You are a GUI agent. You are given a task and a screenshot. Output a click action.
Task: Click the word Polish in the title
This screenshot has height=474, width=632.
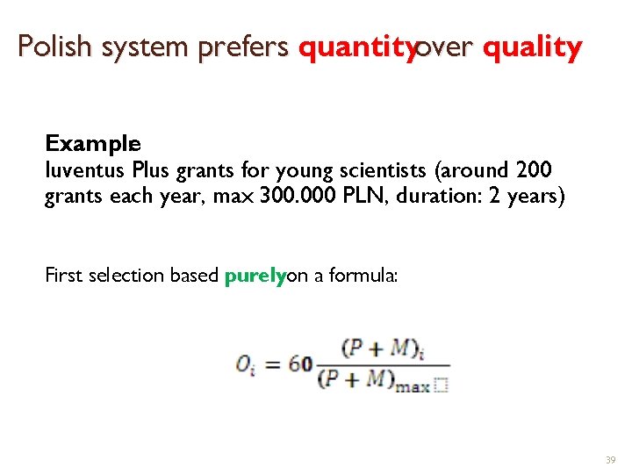pos(55,47)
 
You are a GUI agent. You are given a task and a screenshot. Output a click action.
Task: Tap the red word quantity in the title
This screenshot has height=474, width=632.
pos(355,47)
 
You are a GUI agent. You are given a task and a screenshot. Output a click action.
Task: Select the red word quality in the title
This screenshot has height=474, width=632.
pos(531,47)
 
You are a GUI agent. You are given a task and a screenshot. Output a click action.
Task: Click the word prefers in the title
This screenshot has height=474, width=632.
pos(242,47)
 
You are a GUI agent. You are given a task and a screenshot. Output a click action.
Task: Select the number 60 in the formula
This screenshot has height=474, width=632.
pos(301,363)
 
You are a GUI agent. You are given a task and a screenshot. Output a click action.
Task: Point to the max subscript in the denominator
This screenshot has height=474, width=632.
pos(413,387)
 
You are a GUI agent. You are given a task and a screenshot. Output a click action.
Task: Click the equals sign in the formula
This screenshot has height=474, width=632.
pos(272,363)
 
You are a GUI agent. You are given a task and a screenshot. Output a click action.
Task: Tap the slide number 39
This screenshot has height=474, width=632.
pos(610,460)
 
